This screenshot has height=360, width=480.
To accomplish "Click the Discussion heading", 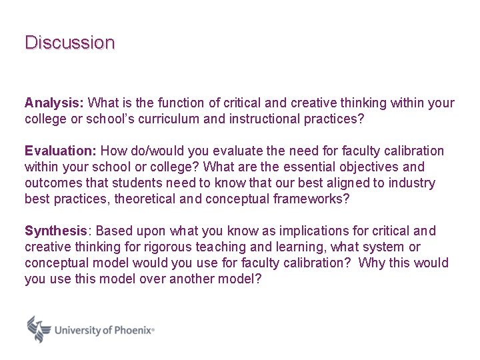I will [69, 43].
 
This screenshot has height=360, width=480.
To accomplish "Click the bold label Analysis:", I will [54, 103].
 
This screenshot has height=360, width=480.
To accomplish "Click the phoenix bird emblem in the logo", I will [39, 329].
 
